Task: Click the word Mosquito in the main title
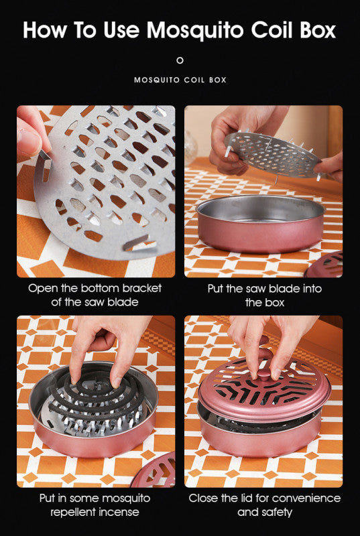click(x=195, y=30)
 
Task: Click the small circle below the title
click(x=180, y=60)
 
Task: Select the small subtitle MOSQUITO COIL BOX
click(x=180, y=80)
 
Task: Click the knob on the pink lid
click(x=263, y=375)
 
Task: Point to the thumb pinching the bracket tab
click(x=31, y=137)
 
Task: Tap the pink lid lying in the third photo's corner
click(x=154, y=471)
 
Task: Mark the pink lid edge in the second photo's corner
click(x=324, y=265)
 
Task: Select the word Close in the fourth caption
click(x=204, y=498)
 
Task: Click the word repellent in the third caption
click(x=72, y=513)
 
